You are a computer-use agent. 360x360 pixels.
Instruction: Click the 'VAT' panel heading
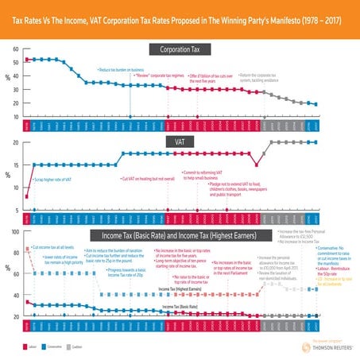[180, 140]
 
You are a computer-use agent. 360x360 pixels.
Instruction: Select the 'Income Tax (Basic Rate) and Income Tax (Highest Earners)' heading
[180, 235]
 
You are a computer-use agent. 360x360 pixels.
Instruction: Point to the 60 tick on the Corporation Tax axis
[17, 47]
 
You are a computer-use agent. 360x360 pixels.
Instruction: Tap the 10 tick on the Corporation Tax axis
[17, 116]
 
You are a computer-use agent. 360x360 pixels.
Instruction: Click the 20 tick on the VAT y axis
[17, 143]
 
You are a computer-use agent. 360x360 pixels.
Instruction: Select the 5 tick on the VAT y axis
[17, 210]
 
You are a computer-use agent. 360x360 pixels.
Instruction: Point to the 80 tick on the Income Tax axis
[17, 252]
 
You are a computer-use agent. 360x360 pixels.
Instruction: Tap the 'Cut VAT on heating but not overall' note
[150, 179]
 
